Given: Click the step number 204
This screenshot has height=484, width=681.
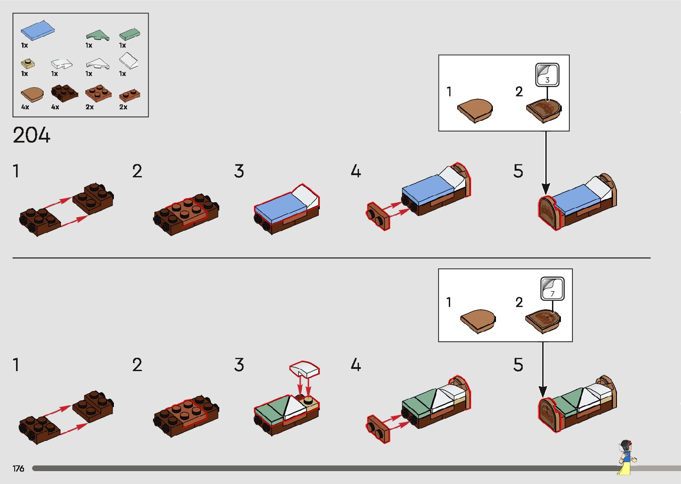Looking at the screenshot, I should [x=32, y=135].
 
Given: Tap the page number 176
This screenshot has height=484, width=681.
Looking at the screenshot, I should [x=18, y=468].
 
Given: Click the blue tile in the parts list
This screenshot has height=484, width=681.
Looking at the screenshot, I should [x=38, y=30].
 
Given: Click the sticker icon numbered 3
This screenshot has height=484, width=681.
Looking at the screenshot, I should [x=547, y=75].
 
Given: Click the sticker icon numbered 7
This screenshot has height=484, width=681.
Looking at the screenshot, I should [x=552, y=288].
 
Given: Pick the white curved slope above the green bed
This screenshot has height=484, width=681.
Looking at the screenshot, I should [x=304, y=369].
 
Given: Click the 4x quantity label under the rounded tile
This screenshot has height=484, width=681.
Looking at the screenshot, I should [x=25, y=107].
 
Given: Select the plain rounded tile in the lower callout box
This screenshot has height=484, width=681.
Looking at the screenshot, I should [x=478, y=320].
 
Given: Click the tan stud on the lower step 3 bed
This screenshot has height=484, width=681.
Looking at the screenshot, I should [x=308, y=402].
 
